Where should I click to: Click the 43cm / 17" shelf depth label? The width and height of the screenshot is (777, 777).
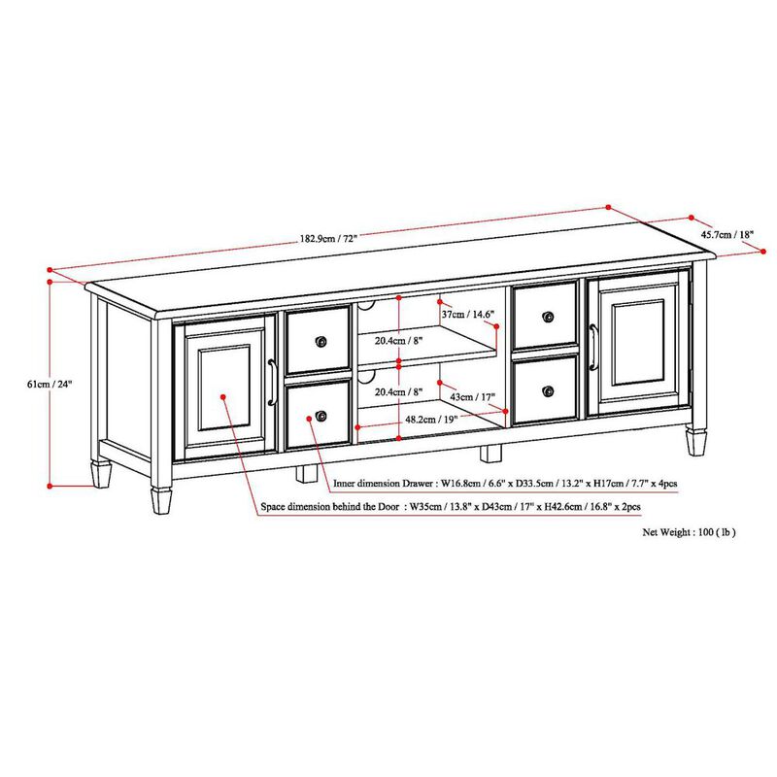(472, 396)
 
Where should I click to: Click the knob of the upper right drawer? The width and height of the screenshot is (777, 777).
(548, 317)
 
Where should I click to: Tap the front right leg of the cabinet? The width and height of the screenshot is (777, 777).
(695, 441)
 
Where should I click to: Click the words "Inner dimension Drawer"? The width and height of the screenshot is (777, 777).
(383, 481)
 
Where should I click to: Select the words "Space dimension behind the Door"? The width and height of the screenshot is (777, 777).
(330, 507)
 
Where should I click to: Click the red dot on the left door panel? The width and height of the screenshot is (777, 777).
(222, 397)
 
